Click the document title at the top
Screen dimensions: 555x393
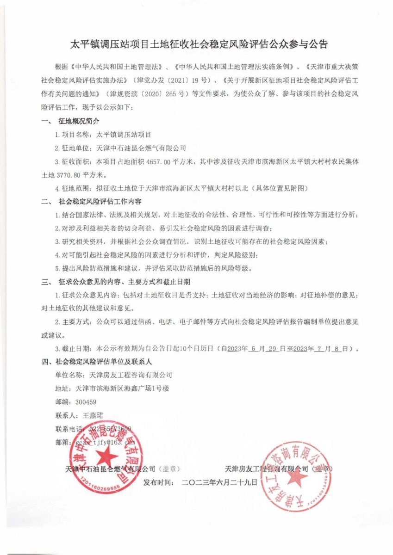tap(198, 45)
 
